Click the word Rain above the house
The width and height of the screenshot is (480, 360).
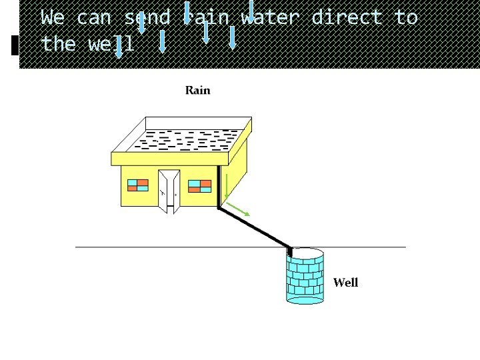(x=197, y=90)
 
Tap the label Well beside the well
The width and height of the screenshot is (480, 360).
(x=345, y=283)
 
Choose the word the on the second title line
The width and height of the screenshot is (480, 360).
(x=58, y=44)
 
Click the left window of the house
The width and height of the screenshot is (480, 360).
(x=138, y=185)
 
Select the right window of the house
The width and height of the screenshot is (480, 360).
(x=200, y=185)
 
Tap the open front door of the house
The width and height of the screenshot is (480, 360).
(x=169, y=191)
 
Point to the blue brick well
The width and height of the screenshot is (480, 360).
(x=305, y=276)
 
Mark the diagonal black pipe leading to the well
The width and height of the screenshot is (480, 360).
(x=255, y=227)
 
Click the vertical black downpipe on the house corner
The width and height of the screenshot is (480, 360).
(x=218, y=187)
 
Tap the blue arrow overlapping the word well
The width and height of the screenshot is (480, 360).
(x=119, y=47)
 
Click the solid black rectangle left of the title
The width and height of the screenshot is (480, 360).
(x=15, y=45)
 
